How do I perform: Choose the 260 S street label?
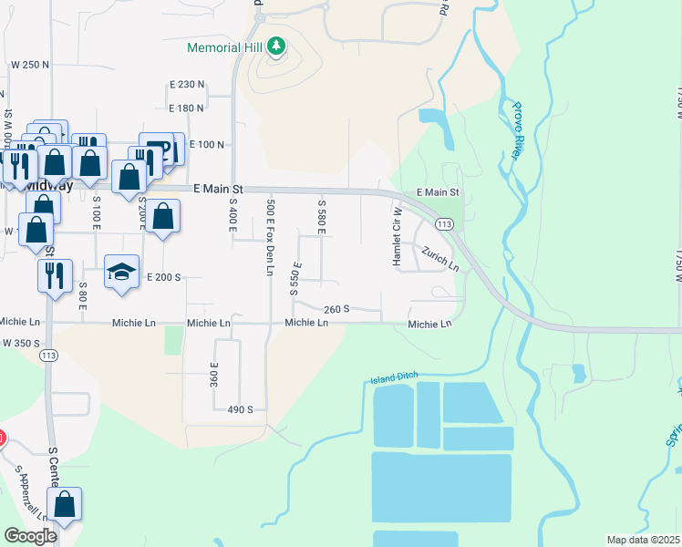336,310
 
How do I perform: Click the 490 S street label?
240,410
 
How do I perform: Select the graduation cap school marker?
121,272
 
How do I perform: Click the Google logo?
30,536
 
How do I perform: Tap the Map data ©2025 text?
642,540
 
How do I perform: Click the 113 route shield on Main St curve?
445,223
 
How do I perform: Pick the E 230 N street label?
187,85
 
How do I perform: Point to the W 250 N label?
29,65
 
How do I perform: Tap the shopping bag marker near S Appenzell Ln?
65,504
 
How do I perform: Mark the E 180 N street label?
187,108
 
